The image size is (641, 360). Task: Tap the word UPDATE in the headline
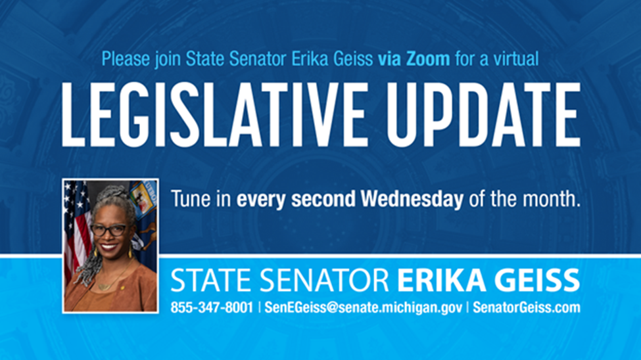[484, 114]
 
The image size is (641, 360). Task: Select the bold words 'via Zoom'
[414, 59]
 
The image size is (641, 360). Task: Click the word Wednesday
[412, 199]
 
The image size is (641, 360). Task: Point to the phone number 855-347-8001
[212, 307]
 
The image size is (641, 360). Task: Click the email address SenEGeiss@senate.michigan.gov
[363, 307]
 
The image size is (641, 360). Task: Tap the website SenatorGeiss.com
[526, 307]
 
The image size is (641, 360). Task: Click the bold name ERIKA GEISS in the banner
[488, 281]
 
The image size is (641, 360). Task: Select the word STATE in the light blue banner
[211, 281]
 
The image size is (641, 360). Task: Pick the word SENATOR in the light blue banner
[324, 281]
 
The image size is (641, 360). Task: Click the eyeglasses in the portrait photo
[109, 230]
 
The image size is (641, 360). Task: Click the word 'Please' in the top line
[126, 59]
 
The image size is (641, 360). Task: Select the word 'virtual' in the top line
[516, 59]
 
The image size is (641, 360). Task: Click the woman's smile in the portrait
[108, 247]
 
